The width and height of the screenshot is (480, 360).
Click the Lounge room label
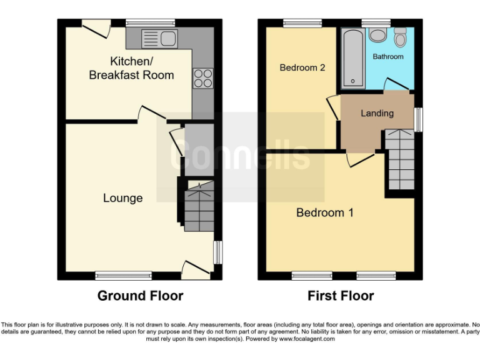[123, 198]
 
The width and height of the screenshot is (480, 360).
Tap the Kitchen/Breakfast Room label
[131, 68]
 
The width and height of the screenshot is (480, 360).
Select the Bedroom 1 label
[324, 212]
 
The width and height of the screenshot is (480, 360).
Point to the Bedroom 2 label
[302, 67]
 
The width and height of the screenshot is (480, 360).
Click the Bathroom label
[388, 57]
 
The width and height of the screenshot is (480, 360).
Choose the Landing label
[377, 113]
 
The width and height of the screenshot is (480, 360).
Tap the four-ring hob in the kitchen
[203, 77]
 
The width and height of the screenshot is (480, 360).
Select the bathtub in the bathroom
[353, 57]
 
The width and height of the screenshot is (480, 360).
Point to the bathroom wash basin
[377, 34]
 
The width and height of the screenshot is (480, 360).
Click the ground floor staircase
[199, 206]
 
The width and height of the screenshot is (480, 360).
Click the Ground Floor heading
[140, 296]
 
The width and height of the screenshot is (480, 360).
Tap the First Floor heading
[341, 296]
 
